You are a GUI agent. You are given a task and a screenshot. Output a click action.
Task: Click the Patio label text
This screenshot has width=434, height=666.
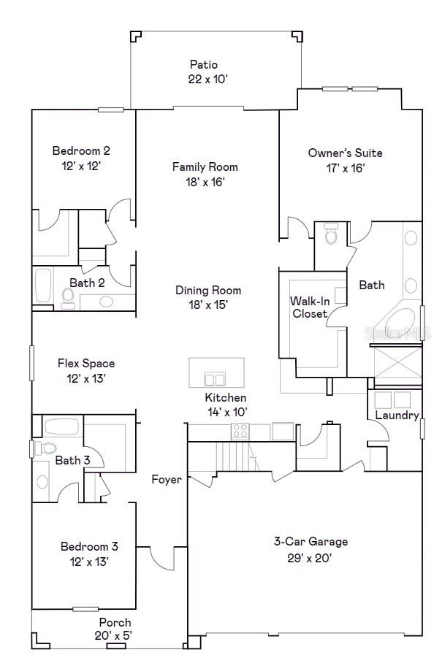tap(204, 65)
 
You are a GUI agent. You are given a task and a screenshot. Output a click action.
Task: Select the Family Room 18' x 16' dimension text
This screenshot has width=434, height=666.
tap(205, 182)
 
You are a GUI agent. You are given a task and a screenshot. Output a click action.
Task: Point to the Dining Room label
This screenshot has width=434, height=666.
tap(208, 290)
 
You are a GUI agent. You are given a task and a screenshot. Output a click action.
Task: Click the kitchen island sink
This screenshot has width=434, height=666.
tap(215, 379)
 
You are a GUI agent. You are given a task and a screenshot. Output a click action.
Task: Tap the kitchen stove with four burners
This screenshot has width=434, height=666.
tap(240, 432)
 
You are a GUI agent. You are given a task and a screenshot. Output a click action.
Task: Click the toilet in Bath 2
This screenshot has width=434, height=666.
tap(69, 296)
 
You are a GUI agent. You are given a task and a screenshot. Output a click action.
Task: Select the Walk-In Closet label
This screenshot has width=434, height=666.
tap(309, 307)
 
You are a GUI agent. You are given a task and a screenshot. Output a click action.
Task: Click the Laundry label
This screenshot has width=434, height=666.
tap(396, 416)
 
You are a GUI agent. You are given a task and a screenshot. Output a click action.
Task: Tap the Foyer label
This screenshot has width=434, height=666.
tap(167, 480)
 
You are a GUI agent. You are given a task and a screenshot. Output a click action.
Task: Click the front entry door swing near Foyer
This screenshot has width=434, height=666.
tap(162, 559)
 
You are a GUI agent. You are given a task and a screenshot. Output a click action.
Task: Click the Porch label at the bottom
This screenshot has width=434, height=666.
tap(115, 622)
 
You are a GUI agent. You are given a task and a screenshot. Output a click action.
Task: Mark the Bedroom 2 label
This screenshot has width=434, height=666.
tap(80, 151)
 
